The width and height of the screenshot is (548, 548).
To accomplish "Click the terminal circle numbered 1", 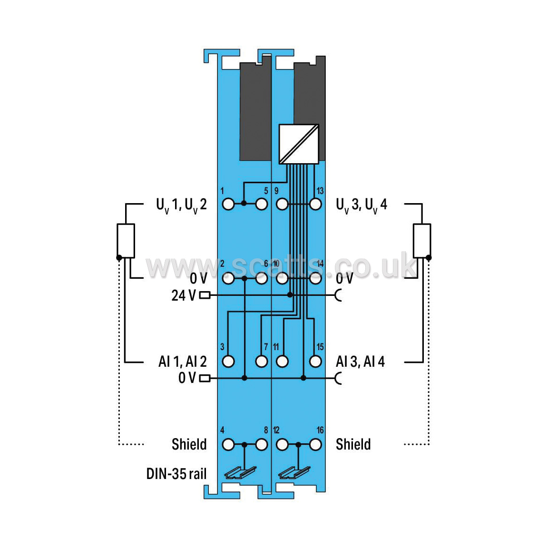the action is [228, 204].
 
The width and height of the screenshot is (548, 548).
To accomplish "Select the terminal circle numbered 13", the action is [315, 204].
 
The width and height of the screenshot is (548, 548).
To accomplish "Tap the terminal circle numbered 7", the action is [262, 362].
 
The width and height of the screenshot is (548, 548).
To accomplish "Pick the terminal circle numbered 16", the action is [315, 445].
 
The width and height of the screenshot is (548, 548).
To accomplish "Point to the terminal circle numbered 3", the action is [228, 362].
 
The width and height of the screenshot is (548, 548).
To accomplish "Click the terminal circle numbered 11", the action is [282, 362].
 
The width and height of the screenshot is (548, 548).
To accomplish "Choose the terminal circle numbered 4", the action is [228, 445].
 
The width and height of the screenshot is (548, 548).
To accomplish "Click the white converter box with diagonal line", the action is [299, 144].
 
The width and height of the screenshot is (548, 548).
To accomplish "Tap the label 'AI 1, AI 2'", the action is [183, 362].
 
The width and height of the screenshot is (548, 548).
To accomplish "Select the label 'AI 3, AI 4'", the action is [360, 362].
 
